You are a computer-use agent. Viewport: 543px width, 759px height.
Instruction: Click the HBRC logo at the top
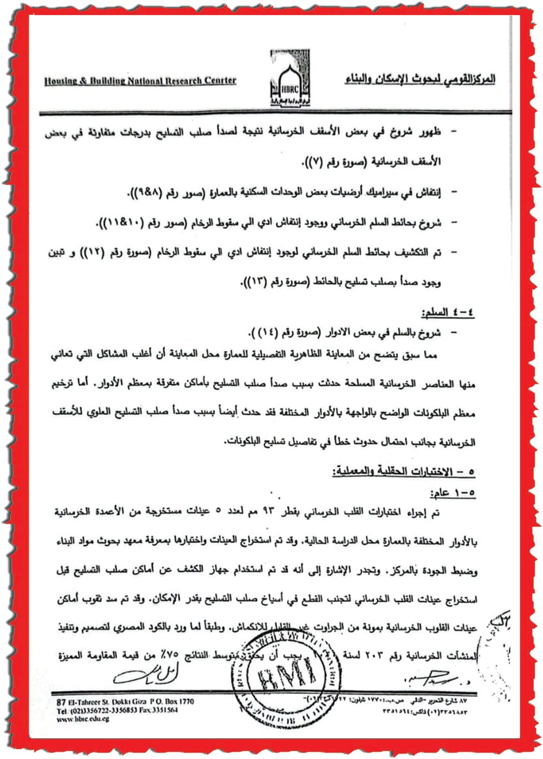(290, 79)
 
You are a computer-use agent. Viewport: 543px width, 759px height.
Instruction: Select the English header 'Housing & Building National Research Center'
(140, 81)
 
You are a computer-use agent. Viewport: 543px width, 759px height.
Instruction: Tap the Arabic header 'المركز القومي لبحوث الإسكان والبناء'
(420, 80)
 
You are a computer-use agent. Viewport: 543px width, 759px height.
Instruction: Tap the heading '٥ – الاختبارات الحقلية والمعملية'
(404, 471)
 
